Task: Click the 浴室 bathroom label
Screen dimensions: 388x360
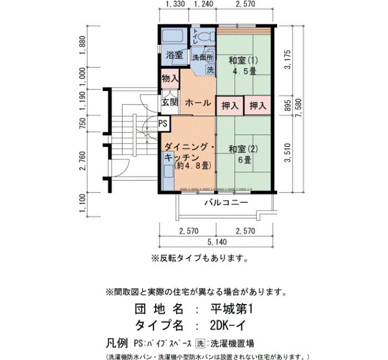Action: [175, 55]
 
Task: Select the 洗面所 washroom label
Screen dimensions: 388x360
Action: [203, 58]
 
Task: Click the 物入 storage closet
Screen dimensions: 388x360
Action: [170, 79]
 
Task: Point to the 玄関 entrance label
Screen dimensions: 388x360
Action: [170, 102]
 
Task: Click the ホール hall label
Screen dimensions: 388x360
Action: [198, 102]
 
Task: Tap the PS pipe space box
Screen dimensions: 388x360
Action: [163, 124]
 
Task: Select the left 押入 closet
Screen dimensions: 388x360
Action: [230, 106]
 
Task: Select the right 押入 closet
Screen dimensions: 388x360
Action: [258, 106]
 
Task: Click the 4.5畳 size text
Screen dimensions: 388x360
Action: [244, 71]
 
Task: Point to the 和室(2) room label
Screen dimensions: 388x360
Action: [243, 149]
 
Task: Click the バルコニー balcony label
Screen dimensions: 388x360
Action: [226, 203]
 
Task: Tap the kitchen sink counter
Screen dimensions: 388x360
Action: [169, 171]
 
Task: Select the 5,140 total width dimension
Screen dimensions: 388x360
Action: [217, 242]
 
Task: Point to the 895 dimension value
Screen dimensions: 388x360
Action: [288, 105]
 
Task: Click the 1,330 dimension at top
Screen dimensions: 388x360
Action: [175, 4]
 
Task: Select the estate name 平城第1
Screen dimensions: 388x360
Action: [231, 309]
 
